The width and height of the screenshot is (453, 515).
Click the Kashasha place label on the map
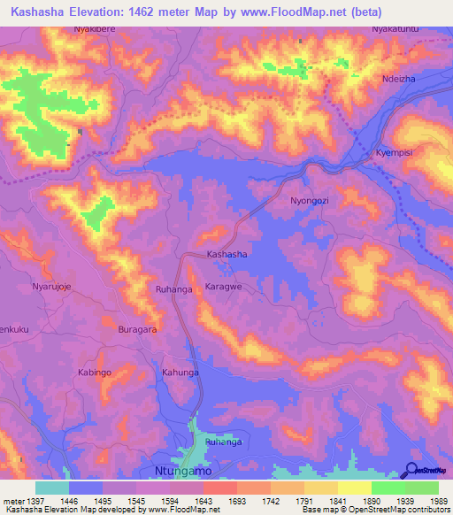[x=226, y=254]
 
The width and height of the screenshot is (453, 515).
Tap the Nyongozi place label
[x=310, y=201]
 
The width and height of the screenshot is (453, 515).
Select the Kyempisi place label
[x=395, y=152]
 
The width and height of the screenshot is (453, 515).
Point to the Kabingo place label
[x=95, y=373]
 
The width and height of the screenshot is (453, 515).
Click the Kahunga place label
[x=180, y=373]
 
